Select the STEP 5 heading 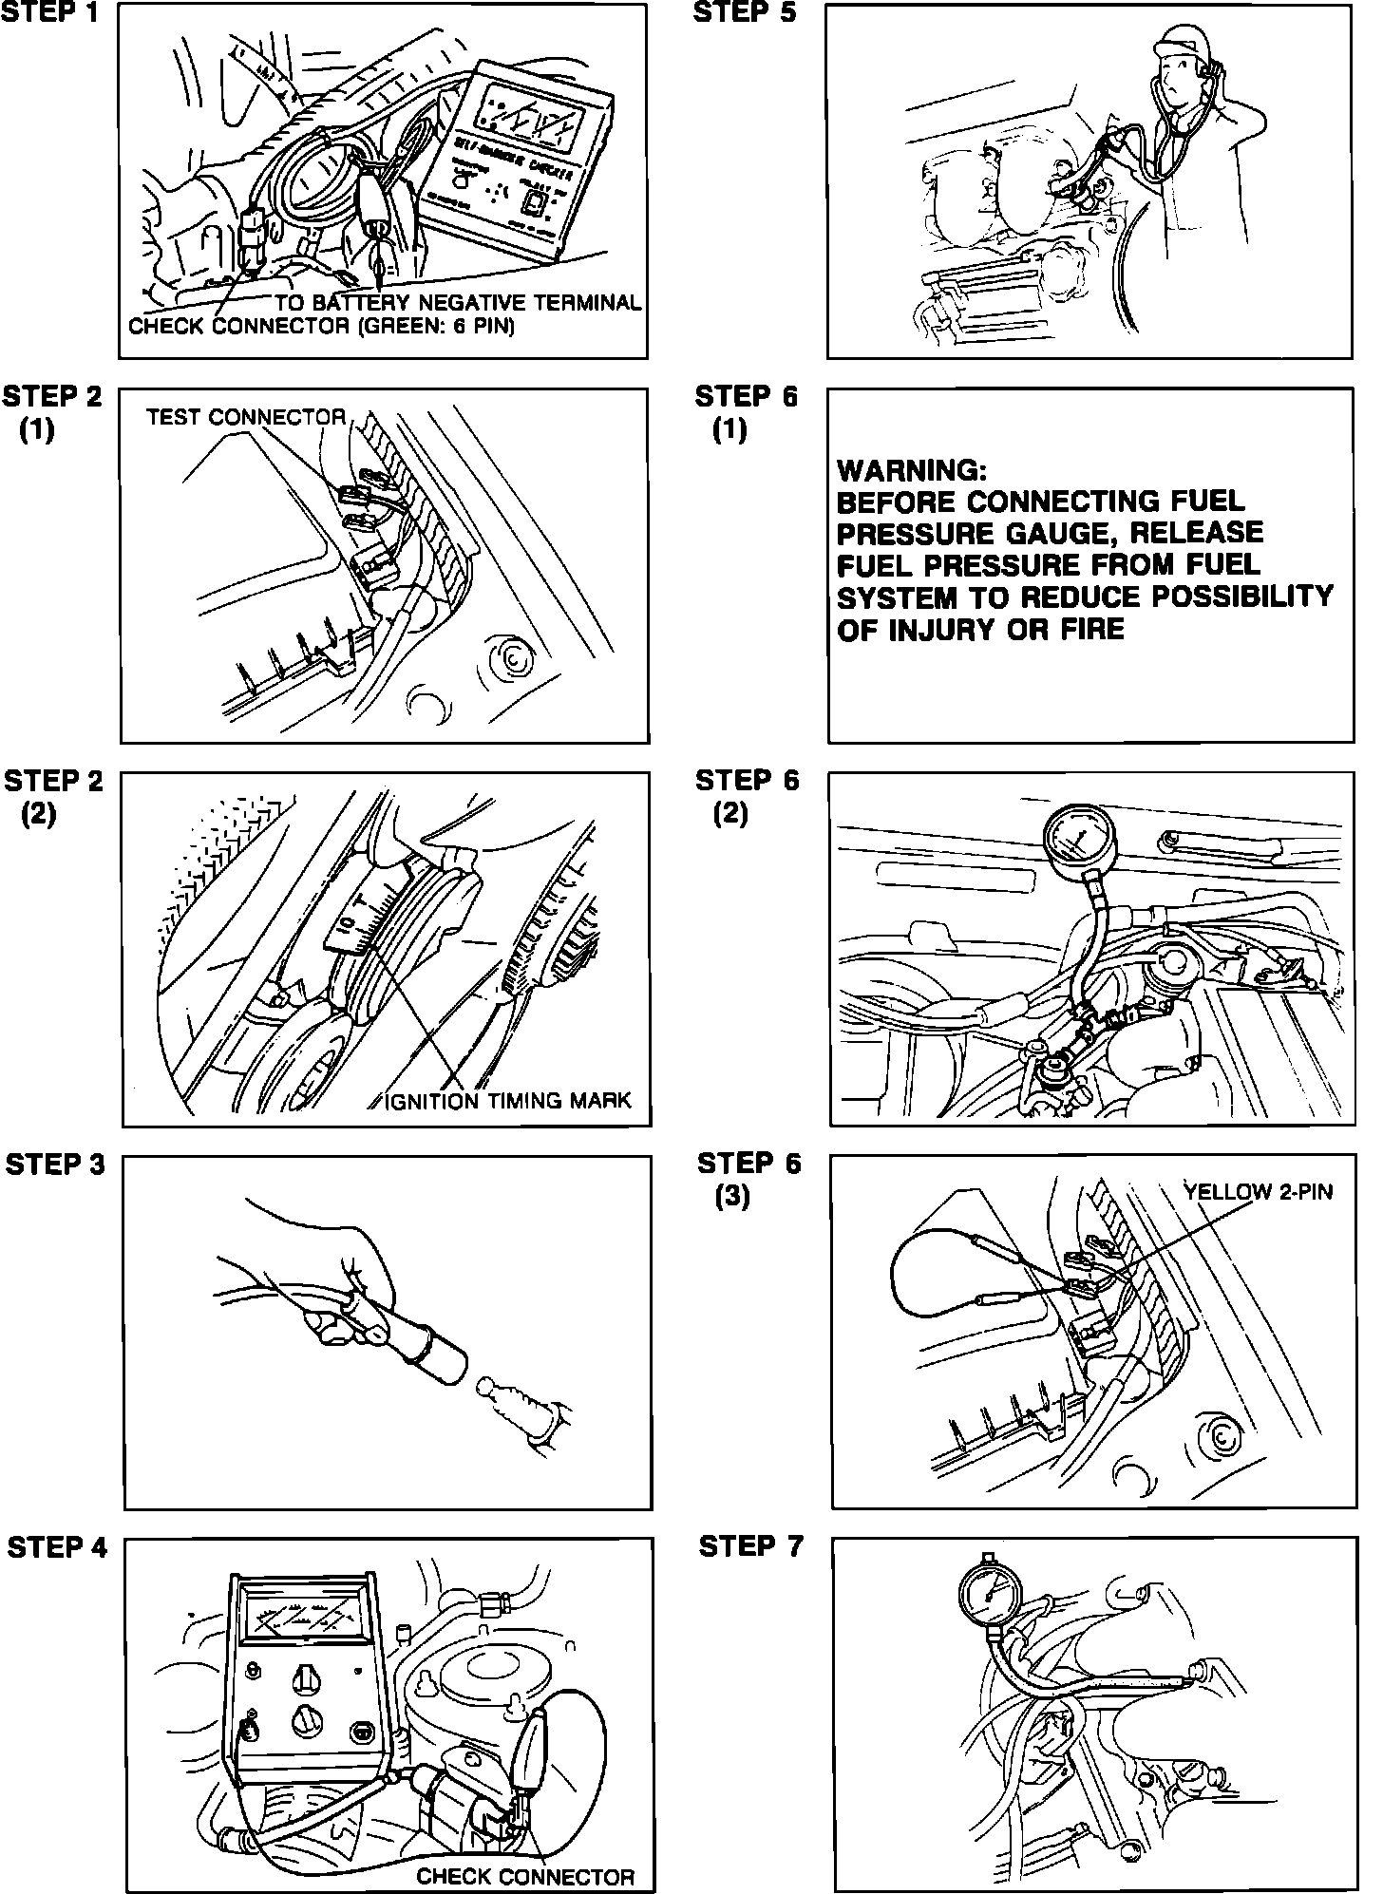point(746,13)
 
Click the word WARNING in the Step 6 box point(912,470)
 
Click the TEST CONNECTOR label point(246,417)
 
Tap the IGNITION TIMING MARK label point(508,1100)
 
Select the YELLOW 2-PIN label point(1258,1191)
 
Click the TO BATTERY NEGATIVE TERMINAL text point(459,303)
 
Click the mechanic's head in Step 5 point(1178,66)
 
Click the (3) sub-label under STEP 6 point(732,1198)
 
